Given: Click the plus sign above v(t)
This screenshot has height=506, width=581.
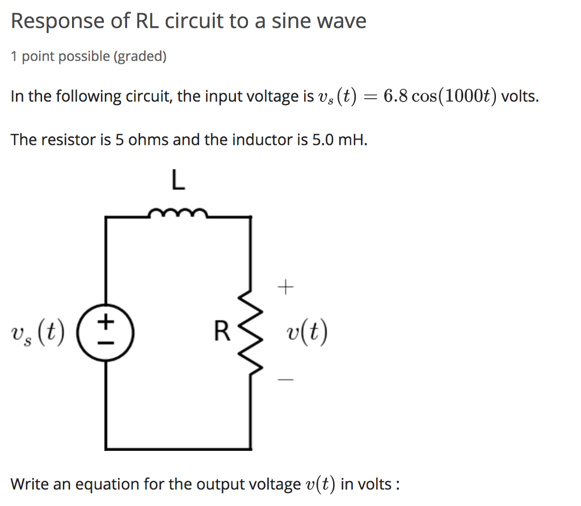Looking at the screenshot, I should pyautogui.click(x=286, y=288).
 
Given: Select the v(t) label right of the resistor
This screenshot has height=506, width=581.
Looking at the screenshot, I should pyautogui.click(x=306, y=333).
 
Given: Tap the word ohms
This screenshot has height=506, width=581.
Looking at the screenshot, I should pyautogui.click(x=149, y=140).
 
